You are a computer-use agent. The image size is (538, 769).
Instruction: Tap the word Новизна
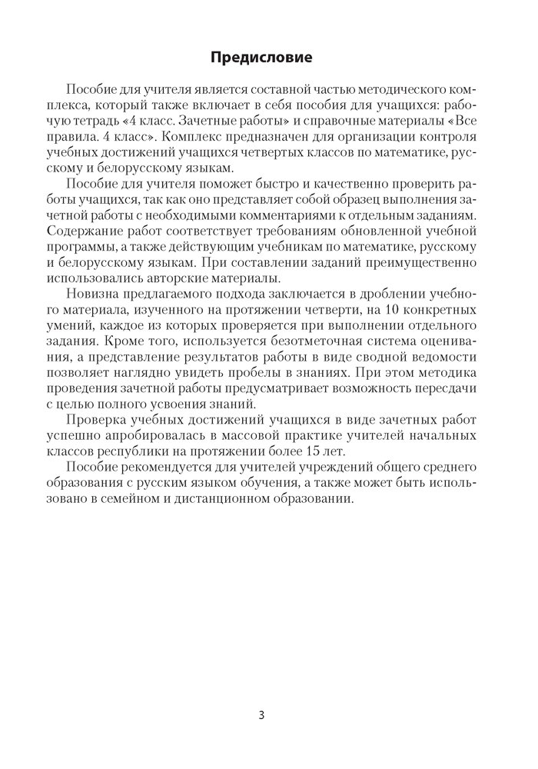95,293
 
